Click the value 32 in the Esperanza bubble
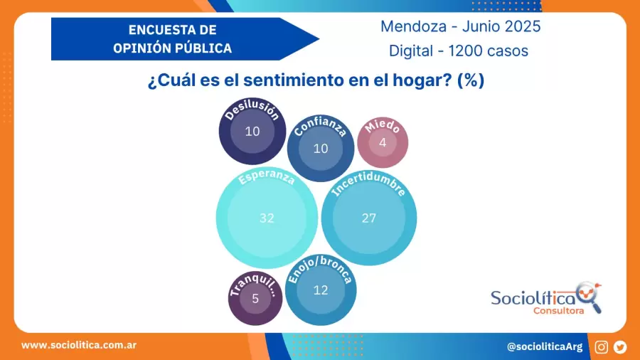pyautogui.click(x=267, y=218)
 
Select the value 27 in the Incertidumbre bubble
pyautogui.click(x=368, y=218)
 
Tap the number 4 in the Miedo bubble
pyautogui.click(x=383, y=142)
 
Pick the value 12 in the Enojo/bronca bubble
pyautogui.click(x=321, y=290)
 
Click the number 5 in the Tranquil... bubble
pyautogui.click(x=255, y=299)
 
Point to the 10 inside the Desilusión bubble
pyautogui.click(x=252, y=131)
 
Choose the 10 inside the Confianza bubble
pyautogui.click(x=321, y=149)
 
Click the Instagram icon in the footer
pyautogui.click(x=602, y=346)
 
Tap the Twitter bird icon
pyautogui.click(x=620, y=346)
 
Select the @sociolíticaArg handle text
pyautogui.click(x=544, y=346)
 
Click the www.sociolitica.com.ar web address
pyautogui.click(x=79, y=345)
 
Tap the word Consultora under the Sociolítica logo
pyautogui.click(x=559, y=310)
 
